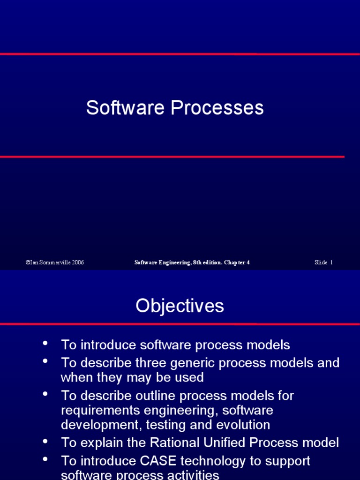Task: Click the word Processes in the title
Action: [x=217, y=108]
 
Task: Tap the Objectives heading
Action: [x=180, y=306]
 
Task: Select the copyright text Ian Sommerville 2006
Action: [x=55, y=262]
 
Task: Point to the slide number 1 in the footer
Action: [x=331, y=262]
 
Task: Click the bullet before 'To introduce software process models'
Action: [x=45, y=343]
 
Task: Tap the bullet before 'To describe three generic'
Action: [x=45, y=361]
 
